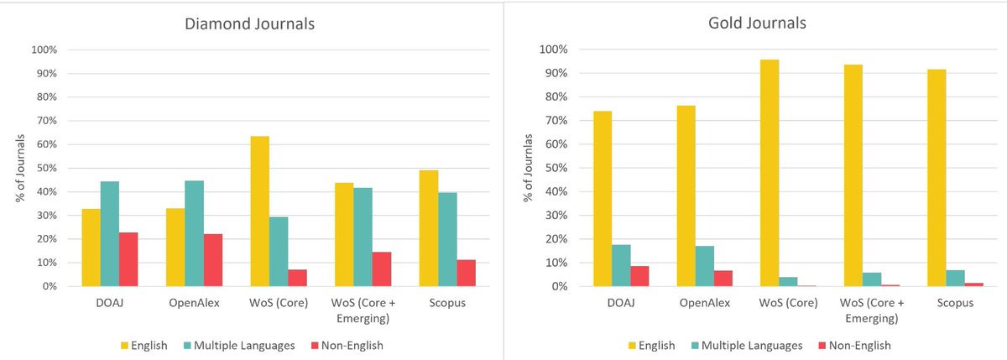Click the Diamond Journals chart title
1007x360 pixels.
249,24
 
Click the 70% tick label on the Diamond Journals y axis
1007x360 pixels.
44,121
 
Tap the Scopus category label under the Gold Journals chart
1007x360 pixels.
956,302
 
